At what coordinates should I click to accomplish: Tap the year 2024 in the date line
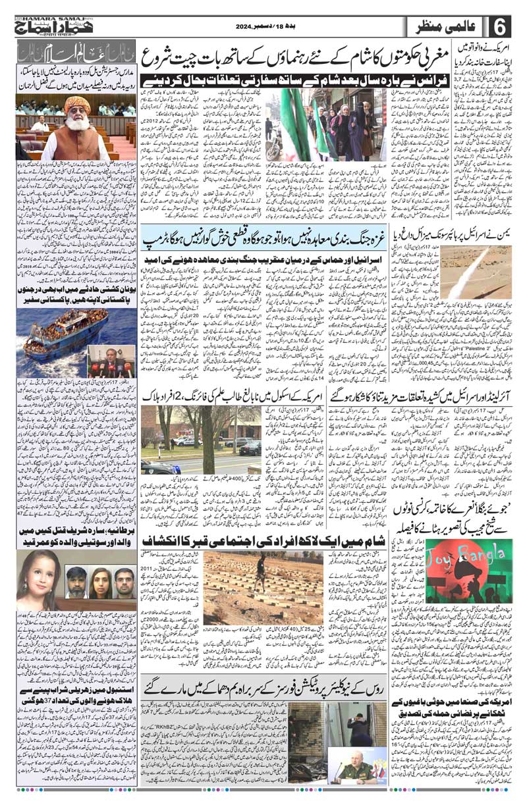point(246,26)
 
